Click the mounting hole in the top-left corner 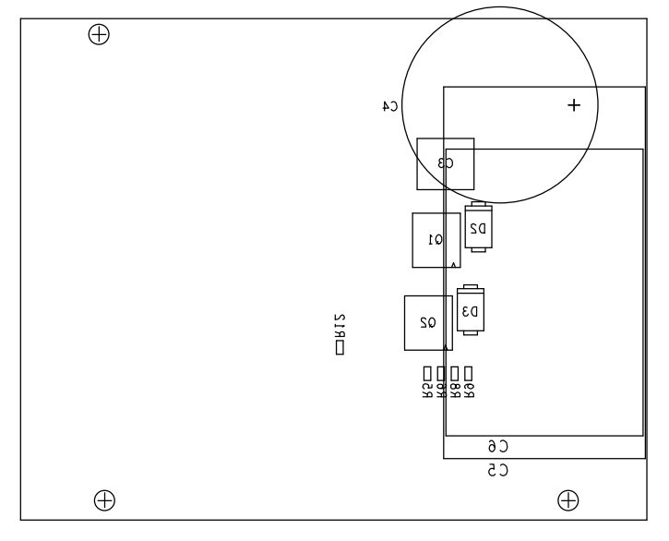[98, 35]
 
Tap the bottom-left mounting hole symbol [105, 500]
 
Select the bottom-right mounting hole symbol [569, 500]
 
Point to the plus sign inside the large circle [574, 106]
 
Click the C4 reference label [390, 106]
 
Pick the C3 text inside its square [445, 163]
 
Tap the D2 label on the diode [478, 227]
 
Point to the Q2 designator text [428, 322]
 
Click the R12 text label [340, 326]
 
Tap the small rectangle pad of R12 [340, 348]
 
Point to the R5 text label [427, 389]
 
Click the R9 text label [469, 389]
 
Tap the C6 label [498, 447]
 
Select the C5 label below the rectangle [498, 471]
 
